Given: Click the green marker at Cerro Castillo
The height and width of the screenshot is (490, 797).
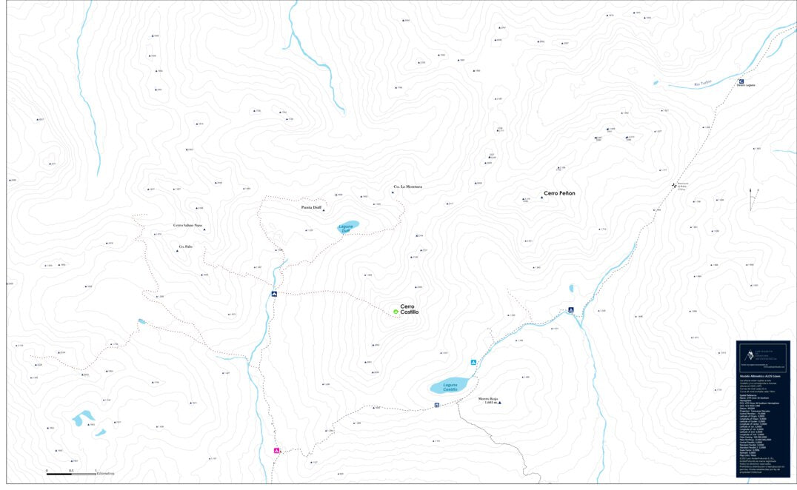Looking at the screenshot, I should coord(396,312).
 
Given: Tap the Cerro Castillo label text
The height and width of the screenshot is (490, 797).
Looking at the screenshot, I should coord(410,309).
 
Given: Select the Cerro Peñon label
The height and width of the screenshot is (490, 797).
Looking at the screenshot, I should coord(559,193).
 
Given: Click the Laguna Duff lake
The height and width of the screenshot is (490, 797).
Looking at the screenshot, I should coord(348,226).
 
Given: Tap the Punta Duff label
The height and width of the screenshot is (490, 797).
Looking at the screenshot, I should coord(311,208).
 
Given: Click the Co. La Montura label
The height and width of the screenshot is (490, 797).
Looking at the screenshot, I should coord(407,187).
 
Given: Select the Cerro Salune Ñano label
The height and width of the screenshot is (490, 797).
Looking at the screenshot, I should coord(187,225).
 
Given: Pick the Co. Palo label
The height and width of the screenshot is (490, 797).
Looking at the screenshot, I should coord(186,246).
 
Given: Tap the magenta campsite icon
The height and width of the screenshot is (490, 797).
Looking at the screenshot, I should coord(277,450).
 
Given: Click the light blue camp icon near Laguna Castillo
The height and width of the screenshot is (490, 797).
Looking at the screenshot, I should coord(473,363).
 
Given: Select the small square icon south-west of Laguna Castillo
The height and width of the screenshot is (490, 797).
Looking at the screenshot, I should coord(437,405).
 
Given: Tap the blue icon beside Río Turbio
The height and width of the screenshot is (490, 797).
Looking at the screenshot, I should coord(741,81).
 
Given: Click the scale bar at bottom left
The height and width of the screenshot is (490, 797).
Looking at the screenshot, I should coord(71,473).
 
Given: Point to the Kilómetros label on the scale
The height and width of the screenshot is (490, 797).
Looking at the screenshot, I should coord(105,473).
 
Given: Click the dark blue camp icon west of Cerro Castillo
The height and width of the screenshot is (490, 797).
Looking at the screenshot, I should coord(274,295).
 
